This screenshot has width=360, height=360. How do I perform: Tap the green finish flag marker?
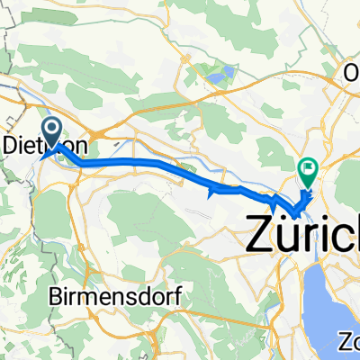coord(308,167)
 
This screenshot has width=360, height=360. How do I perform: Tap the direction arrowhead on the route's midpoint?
coord(212,190)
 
